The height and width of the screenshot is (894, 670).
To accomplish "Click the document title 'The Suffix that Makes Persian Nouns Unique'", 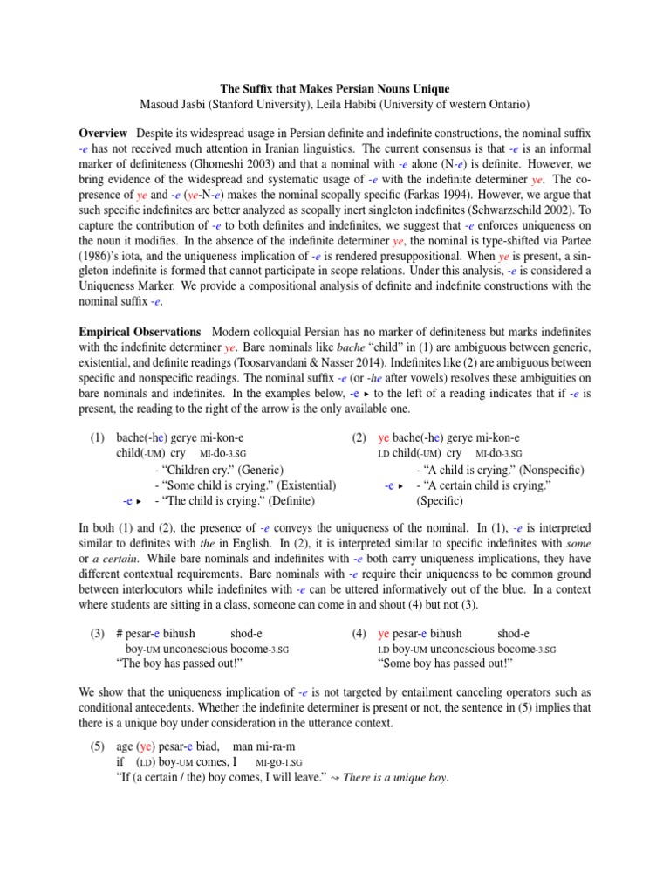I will [x=334, y=90].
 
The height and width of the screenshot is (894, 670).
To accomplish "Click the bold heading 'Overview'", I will [x=103, y=133].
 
